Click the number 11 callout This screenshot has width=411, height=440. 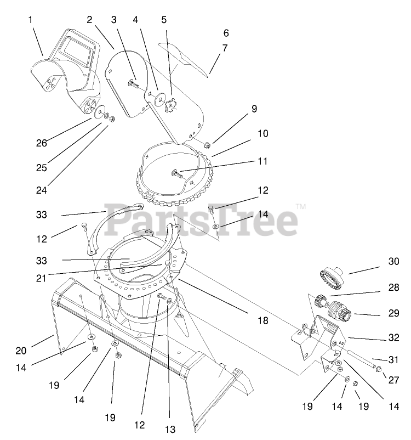pos(262,161)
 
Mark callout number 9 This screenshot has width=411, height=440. pos(254,109)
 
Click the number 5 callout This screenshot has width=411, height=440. pos(164,19)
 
